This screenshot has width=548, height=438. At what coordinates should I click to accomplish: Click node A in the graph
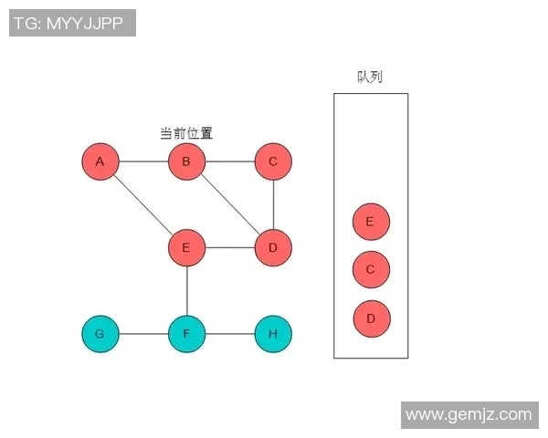(x=100, y=162)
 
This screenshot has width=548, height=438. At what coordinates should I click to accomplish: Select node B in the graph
(x=186, y=162)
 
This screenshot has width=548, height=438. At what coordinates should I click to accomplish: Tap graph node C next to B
(x=273, y=162)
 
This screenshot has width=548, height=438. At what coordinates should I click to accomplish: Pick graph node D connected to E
(x=273, y=247)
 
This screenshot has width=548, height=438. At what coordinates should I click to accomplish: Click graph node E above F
(x=186, y=247)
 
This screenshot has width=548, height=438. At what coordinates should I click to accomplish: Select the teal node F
(x=186, y=334)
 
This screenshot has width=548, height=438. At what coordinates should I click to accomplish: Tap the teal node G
(x=100, y=334)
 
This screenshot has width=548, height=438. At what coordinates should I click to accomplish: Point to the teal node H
(x=273, y=334)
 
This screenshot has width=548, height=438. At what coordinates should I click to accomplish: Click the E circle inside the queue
(x=371, y=222)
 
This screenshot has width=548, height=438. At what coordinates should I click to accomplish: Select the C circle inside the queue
(x=371, y=270)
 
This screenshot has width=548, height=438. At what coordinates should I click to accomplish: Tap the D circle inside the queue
(x=371, y=318)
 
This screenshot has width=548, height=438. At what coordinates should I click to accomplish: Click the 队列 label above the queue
(x=370, y=77)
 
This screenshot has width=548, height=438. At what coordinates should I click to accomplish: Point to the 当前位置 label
(x=186, y=133)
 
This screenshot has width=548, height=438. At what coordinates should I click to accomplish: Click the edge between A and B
(x=142, y=162)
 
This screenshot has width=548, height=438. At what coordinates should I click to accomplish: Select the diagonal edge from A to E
(x=142, y=204)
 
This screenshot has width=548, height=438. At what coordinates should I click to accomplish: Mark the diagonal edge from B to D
(x=229, y=204)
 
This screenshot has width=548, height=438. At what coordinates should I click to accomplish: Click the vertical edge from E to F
(x=186, y=290)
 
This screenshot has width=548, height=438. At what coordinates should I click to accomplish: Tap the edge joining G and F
(x=142, y=334)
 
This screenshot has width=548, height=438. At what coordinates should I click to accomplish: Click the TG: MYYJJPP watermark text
(x=72, y=23)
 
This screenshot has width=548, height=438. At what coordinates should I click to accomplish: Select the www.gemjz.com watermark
(x=468, y=414)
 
